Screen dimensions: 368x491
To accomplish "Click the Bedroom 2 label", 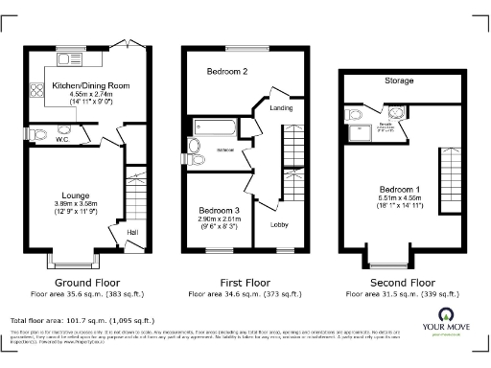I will click(x=227, y=72).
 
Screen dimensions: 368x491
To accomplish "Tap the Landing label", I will click(x=282, y=108).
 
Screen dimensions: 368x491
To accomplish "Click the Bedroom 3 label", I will click(x=218, y=210).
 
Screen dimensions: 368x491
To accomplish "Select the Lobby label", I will click(x=280, y=225).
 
